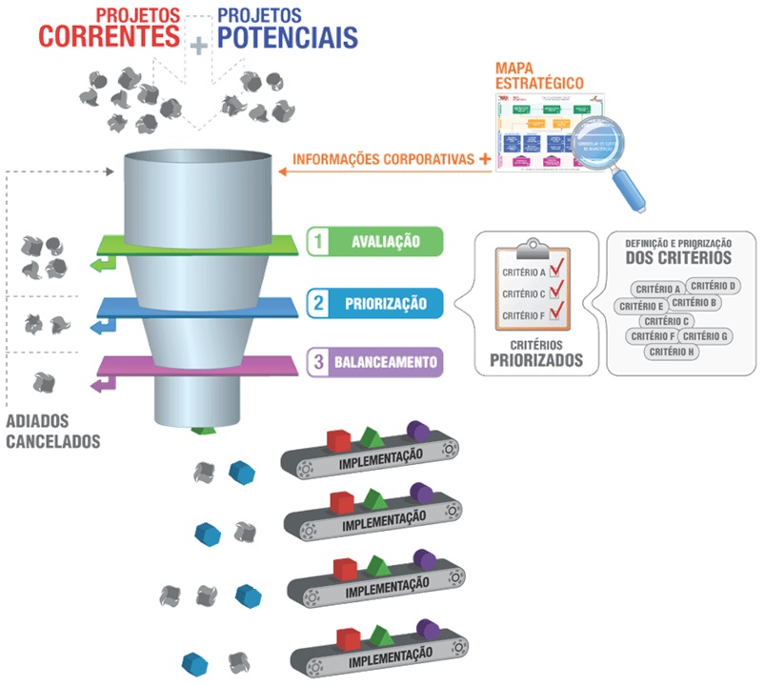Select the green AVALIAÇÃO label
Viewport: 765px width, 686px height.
click(x=385, y=242)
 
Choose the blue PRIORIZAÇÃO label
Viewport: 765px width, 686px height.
click(x=386, y=305)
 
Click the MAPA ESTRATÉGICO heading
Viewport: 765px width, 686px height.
click(x=539, y=76)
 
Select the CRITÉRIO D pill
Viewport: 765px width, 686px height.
click(x=714, y=286)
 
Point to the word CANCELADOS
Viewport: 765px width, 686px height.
click(x=53, y=442)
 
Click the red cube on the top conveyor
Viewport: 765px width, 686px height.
click(x=338, y=440)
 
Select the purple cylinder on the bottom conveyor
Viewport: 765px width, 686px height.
click(x=425, y=631)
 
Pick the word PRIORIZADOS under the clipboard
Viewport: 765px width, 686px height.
click(x=535, y=361)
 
